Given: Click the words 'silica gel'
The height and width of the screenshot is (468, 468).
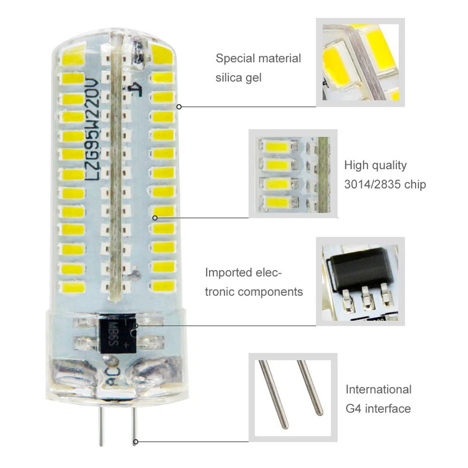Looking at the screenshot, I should coord(238,78).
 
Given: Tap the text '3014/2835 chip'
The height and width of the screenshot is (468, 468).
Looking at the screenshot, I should coord(385,184).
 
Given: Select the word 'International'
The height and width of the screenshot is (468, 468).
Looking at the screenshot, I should coord(378,390).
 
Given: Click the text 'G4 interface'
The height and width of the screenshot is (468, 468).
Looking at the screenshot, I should coord(378,409).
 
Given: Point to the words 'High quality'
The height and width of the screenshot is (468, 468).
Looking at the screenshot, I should coord(375,165).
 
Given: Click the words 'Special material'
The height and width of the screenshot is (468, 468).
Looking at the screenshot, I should coord(258,58).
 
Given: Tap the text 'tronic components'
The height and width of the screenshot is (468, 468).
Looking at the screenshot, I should coord(254,292).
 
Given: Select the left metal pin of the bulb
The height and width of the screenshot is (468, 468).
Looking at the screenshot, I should coord(100,427).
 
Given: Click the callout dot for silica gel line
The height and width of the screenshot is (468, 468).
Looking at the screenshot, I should coord(179,106).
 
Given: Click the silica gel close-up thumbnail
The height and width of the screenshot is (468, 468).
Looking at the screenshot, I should coord(360,62).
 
